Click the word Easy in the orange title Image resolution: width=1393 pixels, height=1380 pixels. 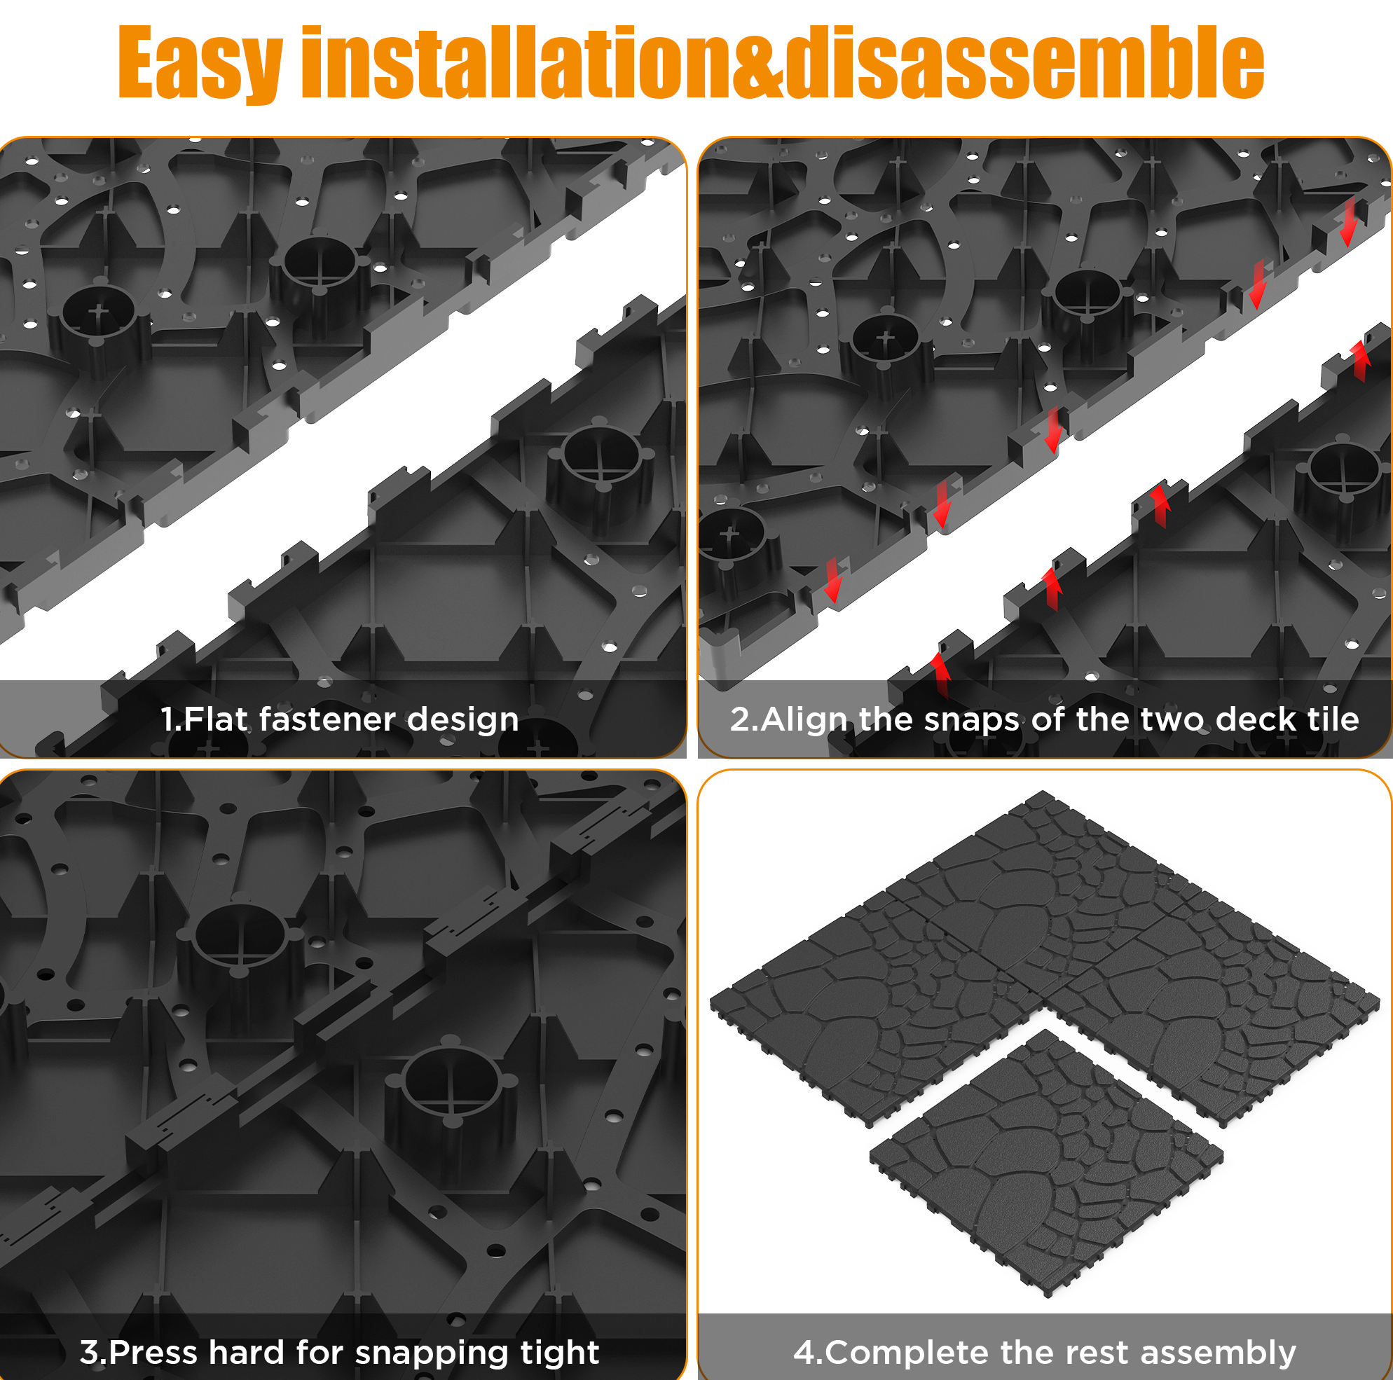coord(200,64)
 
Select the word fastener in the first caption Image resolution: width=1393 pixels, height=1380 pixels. coord(328,719)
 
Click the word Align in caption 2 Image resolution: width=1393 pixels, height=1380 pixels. coord(805,720)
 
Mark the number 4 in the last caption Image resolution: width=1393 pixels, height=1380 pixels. coord(803,1352)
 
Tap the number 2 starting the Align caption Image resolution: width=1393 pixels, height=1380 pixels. coord(740,719)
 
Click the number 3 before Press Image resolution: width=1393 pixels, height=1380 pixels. coord(89,1352)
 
